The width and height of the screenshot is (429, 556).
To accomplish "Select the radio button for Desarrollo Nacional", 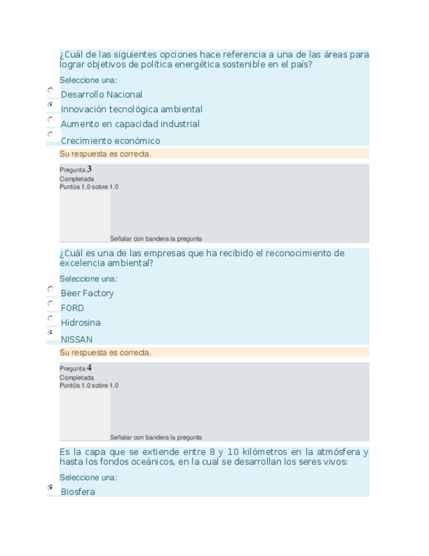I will pos(50,90).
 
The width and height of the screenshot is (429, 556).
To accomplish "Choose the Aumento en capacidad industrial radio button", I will pos(50,120).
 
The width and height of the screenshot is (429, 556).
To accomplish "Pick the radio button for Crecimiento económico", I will pos(50,134).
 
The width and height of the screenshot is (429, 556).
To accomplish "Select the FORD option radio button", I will pos(50,304).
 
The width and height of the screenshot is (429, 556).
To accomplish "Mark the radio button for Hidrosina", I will pos(50,319).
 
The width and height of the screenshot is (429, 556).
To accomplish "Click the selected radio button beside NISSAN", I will pos(50,333).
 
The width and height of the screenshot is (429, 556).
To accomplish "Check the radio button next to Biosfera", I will pos(50,488).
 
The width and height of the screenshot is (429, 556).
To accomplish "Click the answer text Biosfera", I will pos(78,492).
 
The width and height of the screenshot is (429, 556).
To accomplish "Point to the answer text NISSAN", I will pos(77,340).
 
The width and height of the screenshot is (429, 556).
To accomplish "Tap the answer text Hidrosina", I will pos(81,323).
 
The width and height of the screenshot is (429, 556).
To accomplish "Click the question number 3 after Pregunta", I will pos(89,169).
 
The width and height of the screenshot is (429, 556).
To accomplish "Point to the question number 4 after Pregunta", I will pos(89,368).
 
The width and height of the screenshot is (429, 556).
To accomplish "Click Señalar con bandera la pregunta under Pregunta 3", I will pos(156,239).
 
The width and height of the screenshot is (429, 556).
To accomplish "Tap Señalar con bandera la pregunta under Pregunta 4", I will pos(156,437).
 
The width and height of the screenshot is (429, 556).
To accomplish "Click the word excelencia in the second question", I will pos(83,263).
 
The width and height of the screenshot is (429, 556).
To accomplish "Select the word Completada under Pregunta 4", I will pos(77,378).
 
